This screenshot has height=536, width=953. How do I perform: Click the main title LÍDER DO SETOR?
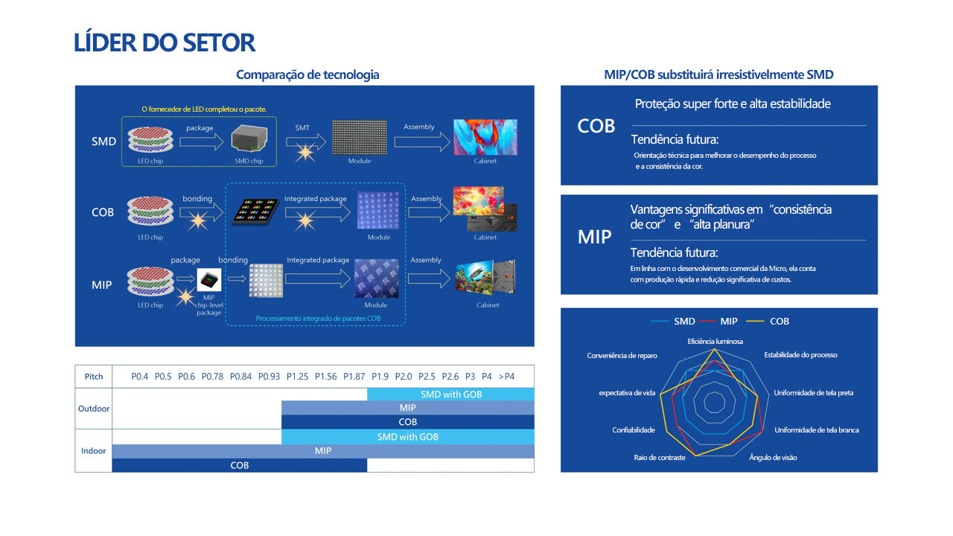click(x=165, y=42)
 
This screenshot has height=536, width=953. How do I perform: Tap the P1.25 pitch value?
click(x=297, y=377)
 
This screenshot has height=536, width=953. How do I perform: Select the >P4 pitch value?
click(x=506, y=377)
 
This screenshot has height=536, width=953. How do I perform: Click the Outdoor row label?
click(x=94, y=409)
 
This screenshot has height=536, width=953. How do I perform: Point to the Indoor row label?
click(x=93, y=450)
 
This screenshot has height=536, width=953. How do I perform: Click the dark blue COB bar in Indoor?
click(x=240, y=465)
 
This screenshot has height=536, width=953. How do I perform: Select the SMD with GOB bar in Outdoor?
click(x=450, y=395)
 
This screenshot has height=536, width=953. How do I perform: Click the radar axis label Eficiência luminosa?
click(x=715, y=341)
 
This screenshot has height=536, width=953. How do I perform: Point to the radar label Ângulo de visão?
click(x=773, y=457)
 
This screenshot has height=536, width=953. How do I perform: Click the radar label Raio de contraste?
click(x=660, y=457)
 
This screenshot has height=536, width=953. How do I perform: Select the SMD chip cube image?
click(x=249, y=138)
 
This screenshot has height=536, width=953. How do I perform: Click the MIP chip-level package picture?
click(x=209, y=279)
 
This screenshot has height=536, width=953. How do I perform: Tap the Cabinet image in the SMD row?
click(x=485, y=137)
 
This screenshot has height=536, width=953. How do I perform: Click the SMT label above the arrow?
click(x=302, y=127)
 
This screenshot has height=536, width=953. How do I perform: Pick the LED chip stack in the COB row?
click(x=150, y=211)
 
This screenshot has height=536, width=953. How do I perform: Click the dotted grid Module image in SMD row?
click(x=360, y=137)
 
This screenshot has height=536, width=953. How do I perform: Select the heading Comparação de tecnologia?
click(x=307, y=74)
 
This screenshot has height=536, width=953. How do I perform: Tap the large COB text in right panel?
click(x=596, y=126)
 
